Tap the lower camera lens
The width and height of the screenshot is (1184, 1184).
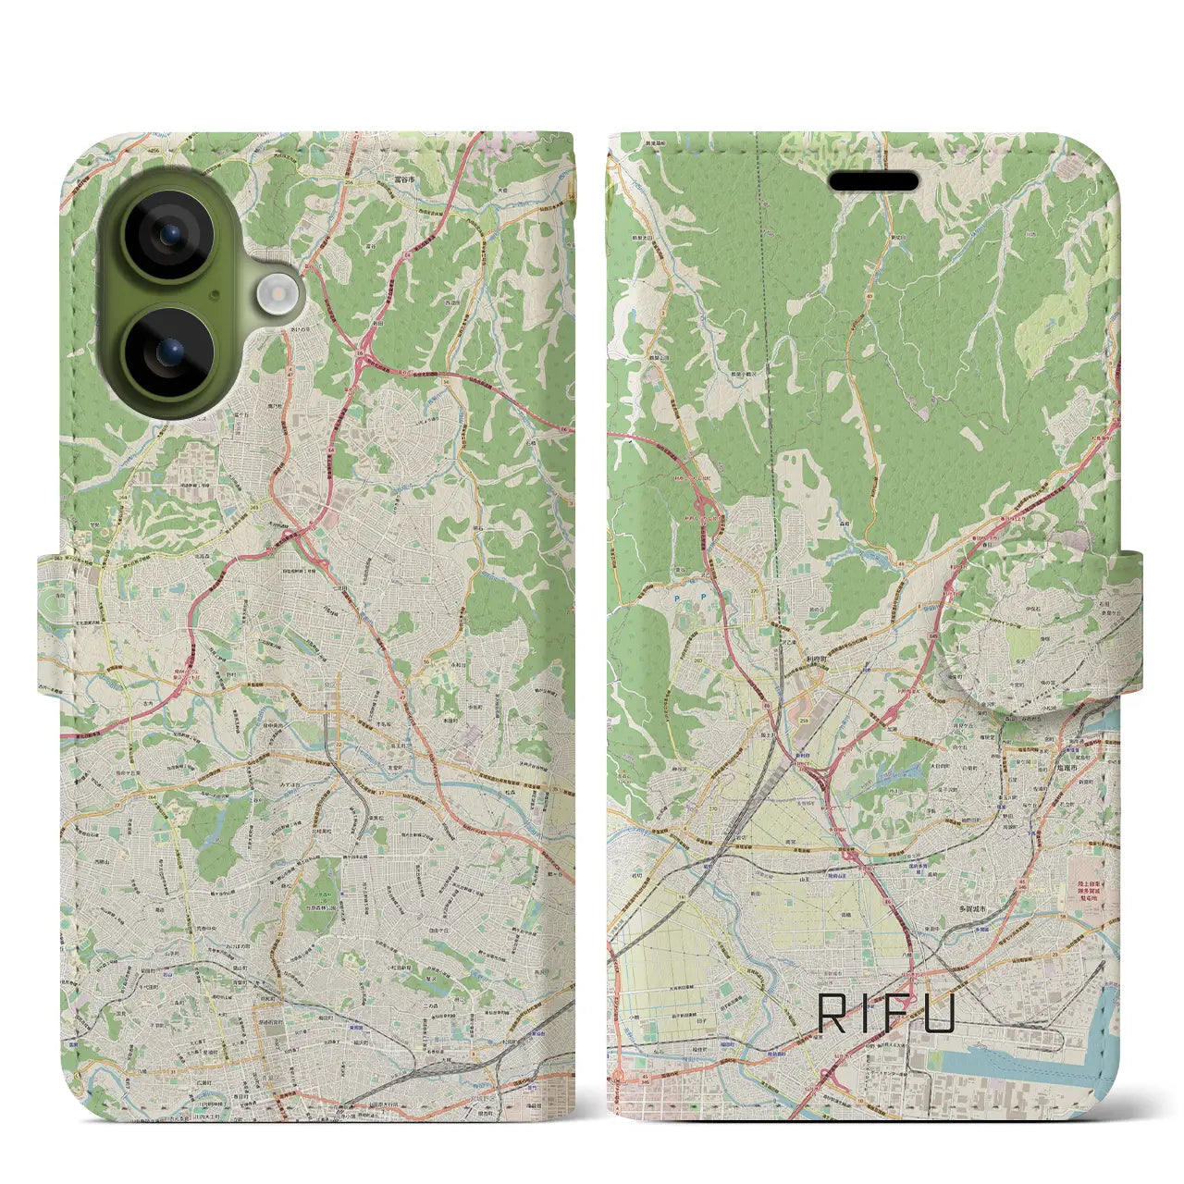click(170, 352)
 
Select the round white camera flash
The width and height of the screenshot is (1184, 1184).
click(274, 296)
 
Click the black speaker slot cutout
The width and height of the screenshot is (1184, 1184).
click(873, 181)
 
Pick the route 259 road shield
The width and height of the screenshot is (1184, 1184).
click(803, 720)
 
